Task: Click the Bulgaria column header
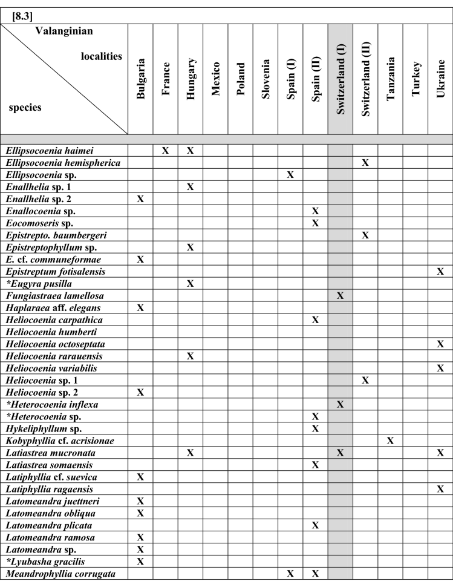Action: pyautogui.click(x=140, y=79)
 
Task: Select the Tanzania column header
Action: pyautogui.click(x=391, y=79)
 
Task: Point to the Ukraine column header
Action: pyautogui.click(x=440, y=79)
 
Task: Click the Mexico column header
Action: pyautogui.click(x=215, y=79)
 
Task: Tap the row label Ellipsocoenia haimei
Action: pyautogui.click(x=44, y=150)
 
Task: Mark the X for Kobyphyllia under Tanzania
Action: pyautogui.click(x=391, y=441)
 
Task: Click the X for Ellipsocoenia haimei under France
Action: pyautogui.click(x=165, y=150)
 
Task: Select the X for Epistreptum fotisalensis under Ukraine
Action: pyautogui.click(x=440, y=271)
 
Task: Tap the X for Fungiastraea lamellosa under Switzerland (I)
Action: pyautogui.click(x=341, y=295)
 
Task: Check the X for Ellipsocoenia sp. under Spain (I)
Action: pyautogui.click(x=290, y=174)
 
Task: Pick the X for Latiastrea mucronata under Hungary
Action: pyautogui.click(x=190, y=453)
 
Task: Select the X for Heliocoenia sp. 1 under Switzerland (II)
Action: pyautogui.click(x=365, y=380)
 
